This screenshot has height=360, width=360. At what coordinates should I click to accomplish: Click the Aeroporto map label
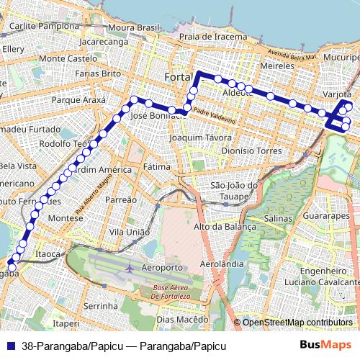click(x=162, y=267)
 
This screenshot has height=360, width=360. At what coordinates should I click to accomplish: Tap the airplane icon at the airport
click(x=129, y=268)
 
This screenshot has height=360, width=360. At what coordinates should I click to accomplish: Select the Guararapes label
click(x=327, y=215)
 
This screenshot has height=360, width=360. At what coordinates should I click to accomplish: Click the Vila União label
click(x=130, y=232)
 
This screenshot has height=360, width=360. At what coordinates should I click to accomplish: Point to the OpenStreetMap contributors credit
click(x=297, y=322)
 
